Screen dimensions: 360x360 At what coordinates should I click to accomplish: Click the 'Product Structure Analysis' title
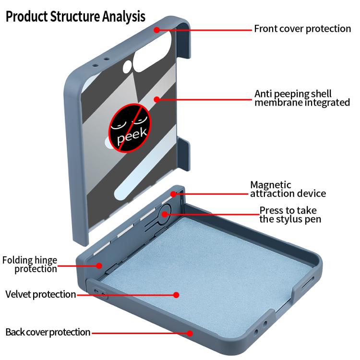tap(75, 16)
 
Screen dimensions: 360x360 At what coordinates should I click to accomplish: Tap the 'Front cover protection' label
tap(302, 29)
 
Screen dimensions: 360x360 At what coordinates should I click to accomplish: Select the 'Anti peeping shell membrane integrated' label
tap(302, 98)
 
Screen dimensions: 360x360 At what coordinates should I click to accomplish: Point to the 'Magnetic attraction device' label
tap(288, 189)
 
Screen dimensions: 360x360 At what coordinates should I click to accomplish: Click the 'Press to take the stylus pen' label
tap(290, 215)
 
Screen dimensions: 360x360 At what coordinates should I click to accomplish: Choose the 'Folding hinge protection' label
tap(30, 264)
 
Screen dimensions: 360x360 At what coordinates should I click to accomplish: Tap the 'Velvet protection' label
tap(41, 294)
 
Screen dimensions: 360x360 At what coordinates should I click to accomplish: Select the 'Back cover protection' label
tap(48, 332)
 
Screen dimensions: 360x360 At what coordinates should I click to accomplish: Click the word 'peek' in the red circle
tap(132, 136)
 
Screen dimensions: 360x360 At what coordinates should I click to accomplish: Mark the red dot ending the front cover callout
tap(157, 30)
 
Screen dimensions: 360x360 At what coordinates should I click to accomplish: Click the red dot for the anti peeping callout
tap(157, 99)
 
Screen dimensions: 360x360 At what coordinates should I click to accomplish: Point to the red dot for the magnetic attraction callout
tap(174, 194)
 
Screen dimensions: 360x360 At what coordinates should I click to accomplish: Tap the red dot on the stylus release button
tap(165, 215)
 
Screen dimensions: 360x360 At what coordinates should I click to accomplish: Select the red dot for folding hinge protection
tap(99, 265)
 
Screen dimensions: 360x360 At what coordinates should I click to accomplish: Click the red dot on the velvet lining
tap(176, 295)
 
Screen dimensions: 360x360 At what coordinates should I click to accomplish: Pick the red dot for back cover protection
tap(190, 334)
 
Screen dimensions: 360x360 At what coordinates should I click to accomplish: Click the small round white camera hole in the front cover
tap(127, 67)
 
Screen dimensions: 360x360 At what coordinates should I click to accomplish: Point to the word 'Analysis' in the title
tap(123, 17)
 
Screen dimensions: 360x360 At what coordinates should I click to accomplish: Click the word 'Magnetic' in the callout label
tap(271, 185)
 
